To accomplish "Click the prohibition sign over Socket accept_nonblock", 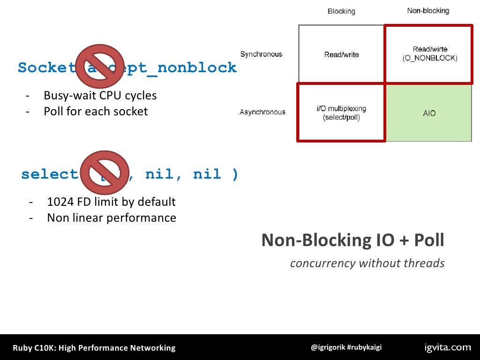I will [x=100, y=67].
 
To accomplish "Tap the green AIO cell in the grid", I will [x=429, y=113].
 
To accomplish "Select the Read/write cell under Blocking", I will [x=341, y=55].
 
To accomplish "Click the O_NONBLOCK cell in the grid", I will [x=429, y=53].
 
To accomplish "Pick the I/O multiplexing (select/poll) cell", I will [x=341, y=113].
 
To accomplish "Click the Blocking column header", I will [x=341, y=11].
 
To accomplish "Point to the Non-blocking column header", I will [x=428, y=10].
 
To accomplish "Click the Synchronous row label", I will [x=261, y=54].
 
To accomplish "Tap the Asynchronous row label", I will [x=262, y=112].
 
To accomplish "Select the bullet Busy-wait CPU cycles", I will [x=100, y=96].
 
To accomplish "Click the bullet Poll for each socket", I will [x=96, y=112].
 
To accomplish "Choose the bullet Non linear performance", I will [x=112, y=218].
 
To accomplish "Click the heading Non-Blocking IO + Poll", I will [x=352, y=240].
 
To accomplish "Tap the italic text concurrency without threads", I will [x=367, y=263].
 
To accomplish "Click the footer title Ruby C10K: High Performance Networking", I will [x=94, y=348].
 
